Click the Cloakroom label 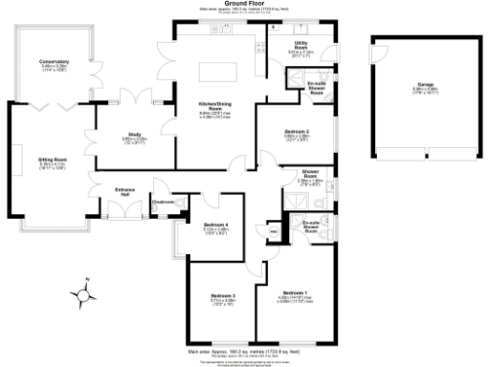click(x=161, y=202)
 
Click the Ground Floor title click(x=244, y=4)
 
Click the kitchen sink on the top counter click(x=226, y=31)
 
